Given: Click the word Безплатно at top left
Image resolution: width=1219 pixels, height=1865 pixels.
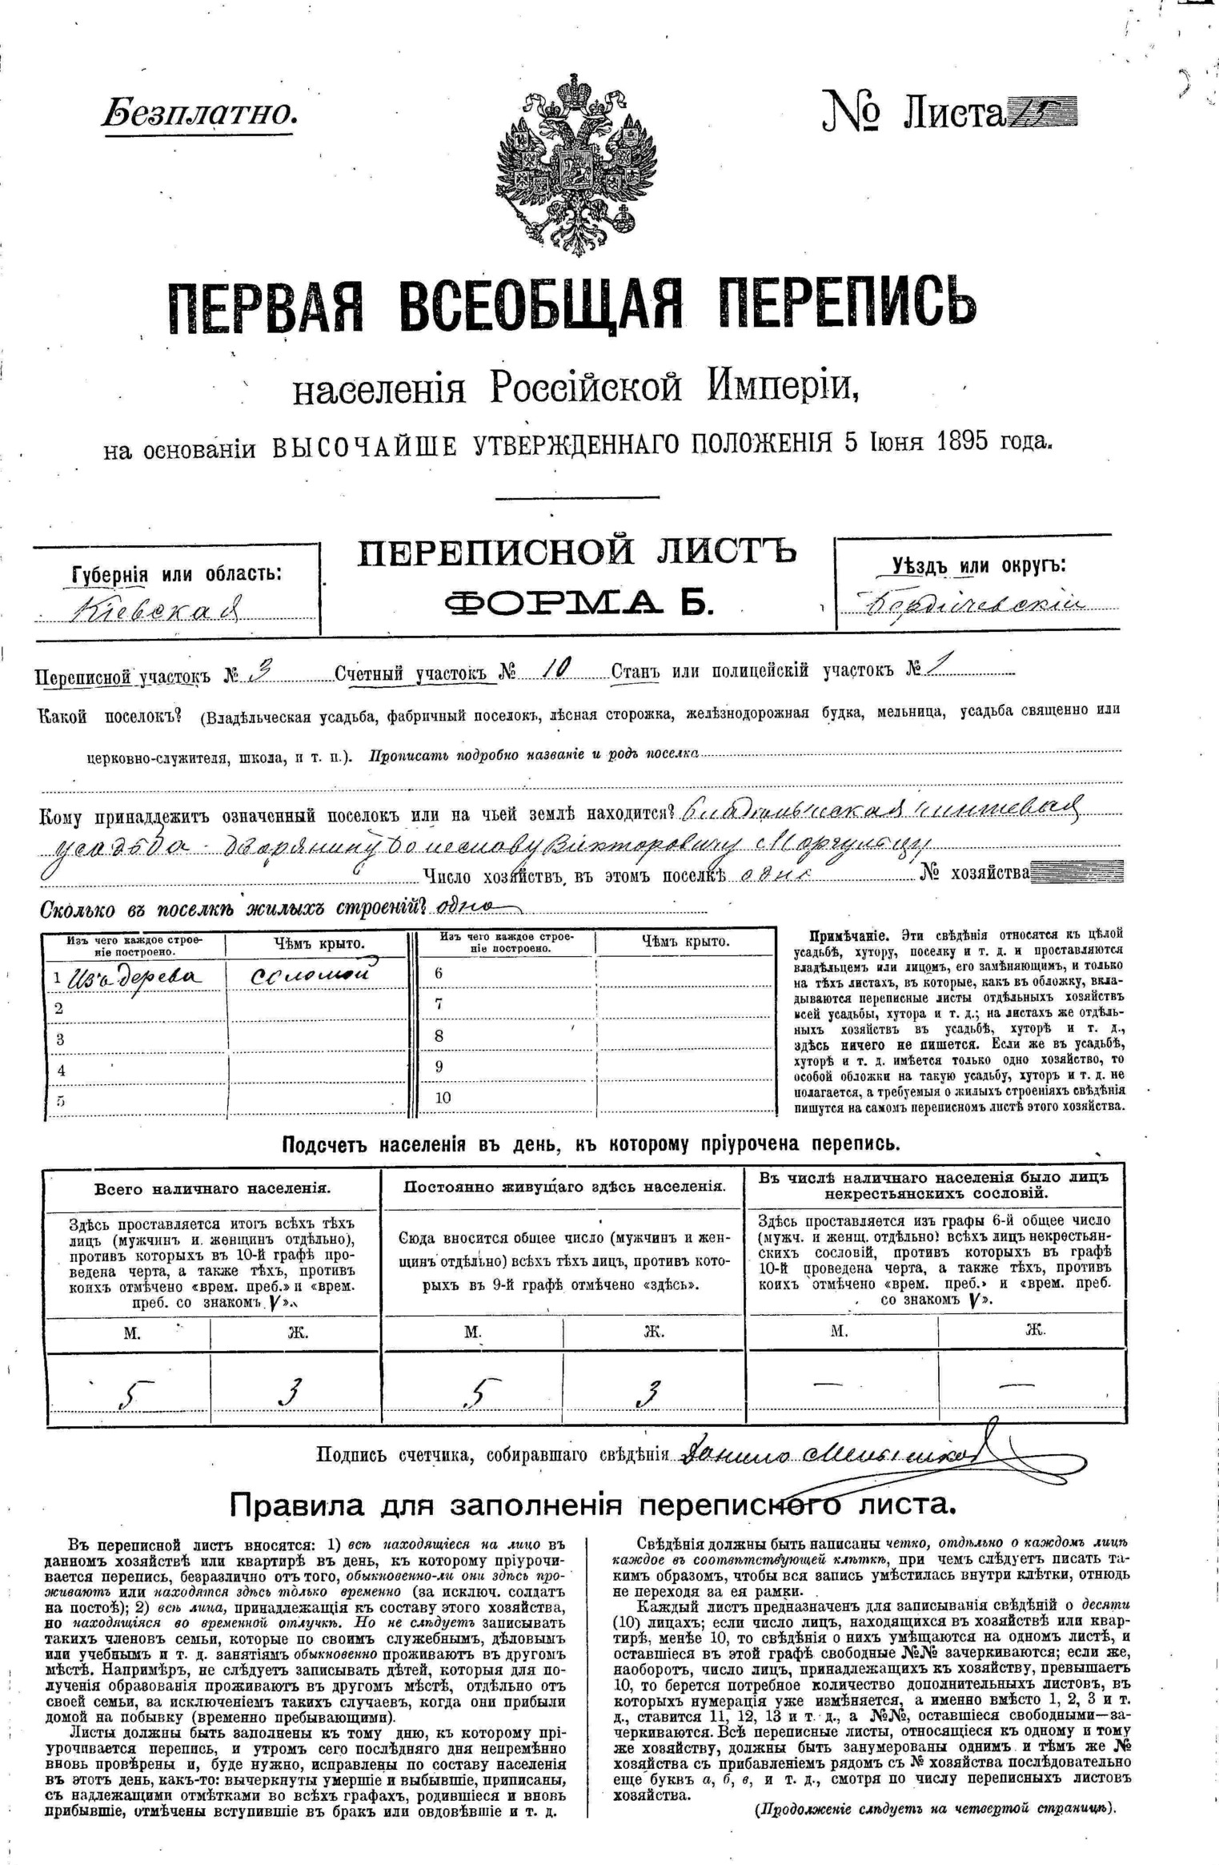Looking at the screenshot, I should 198,114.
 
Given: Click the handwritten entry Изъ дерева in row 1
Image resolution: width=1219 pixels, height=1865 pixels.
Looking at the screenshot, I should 136,976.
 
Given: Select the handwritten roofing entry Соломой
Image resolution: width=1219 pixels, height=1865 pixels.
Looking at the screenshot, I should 312,975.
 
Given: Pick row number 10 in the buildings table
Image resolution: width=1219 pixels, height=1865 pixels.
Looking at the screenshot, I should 443,1098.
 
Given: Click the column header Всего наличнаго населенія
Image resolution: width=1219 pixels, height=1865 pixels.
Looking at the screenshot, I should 212,1189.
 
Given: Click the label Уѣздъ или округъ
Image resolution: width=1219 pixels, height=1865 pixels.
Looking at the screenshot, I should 979,565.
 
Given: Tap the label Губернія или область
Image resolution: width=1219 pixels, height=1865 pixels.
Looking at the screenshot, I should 177,574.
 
